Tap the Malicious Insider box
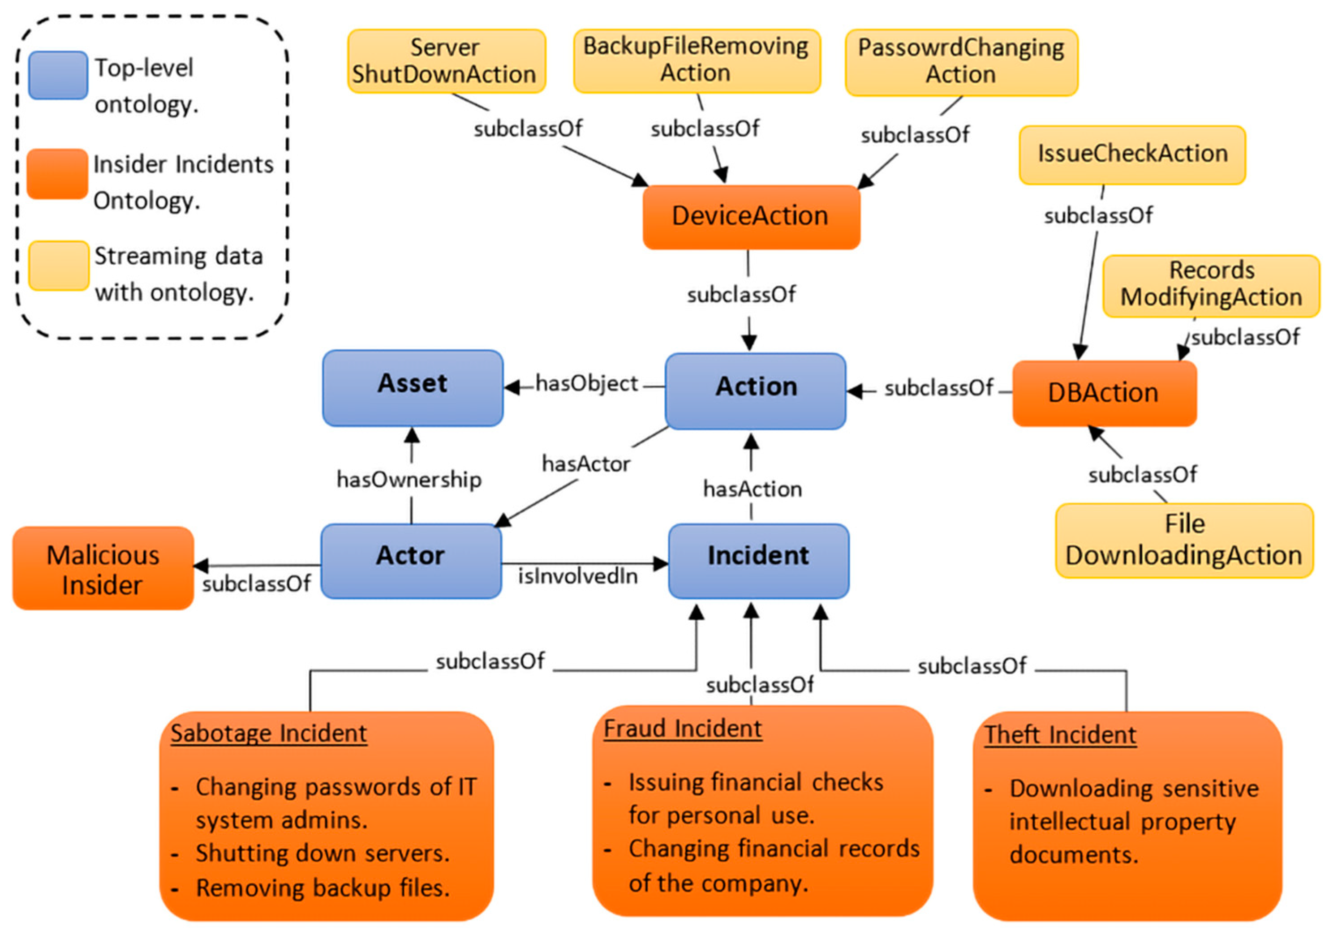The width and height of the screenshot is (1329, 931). click(x=103, y=569)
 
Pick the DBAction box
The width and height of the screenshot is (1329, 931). click(x=1104, y=394)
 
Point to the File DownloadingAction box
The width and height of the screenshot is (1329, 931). click(x=1184, y=541)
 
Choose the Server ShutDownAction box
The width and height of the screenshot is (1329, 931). click(x=446, y=61)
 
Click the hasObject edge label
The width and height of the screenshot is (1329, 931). click(x=586, y=384)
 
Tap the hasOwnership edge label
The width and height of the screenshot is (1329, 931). click(x=409, y=480)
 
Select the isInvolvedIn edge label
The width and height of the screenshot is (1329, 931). click(x=578, y=576)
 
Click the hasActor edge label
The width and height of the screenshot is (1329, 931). click(x=586, y=464)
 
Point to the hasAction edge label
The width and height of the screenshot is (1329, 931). click(x=753, y=489)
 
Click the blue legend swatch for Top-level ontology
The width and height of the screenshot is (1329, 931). click(x=59, y=76)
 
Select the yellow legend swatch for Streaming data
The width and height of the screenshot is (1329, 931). click(x=59, y=266)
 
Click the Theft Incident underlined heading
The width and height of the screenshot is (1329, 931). click(x=1060, y=735)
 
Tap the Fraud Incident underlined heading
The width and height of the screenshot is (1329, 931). click(x=683, y=729)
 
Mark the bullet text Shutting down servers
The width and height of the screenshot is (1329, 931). click(x=323, y=854)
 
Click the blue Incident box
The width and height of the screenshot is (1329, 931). click(x=758, y=561)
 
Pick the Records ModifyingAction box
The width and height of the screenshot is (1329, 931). click(x=1211, y=285)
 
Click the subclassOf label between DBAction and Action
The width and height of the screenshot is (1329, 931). click(x=938, y=389)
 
